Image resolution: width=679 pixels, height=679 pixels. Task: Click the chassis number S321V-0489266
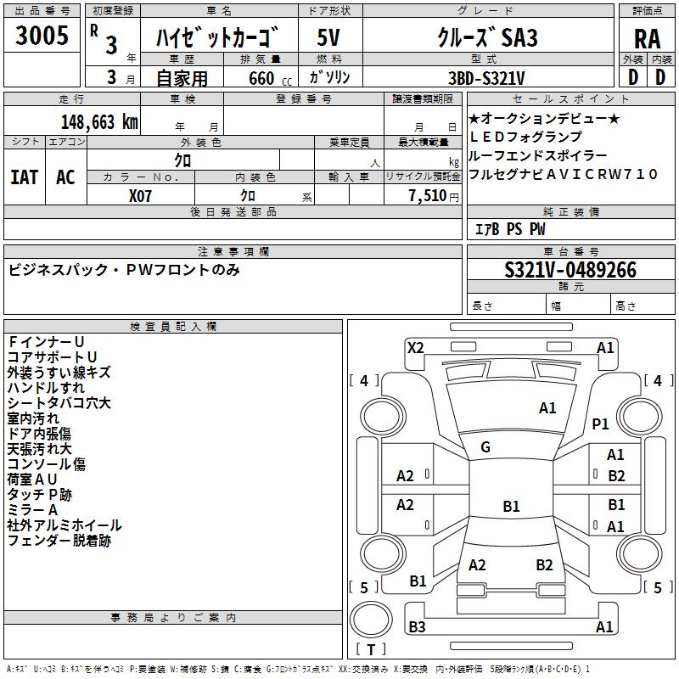(570, 270)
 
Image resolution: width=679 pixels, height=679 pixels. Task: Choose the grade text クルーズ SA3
(487, 37)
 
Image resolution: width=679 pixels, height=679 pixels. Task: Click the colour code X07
(141, 194)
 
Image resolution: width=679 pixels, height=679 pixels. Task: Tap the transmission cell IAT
(25, 177)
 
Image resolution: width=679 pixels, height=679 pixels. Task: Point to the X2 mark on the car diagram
(415, 347)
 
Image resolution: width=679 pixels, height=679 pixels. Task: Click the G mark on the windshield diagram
(485, 447)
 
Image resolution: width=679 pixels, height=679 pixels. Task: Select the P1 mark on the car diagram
(601, 424)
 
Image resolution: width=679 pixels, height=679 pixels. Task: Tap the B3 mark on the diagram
(417, 627)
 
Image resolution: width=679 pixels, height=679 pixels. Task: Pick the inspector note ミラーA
(32, 509)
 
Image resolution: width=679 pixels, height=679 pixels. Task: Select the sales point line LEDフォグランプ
(525, 137)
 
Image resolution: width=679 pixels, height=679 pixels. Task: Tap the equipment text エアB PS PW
(510, 229)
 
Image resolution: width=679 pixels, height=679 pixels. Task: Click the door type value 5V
(330, 38)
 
